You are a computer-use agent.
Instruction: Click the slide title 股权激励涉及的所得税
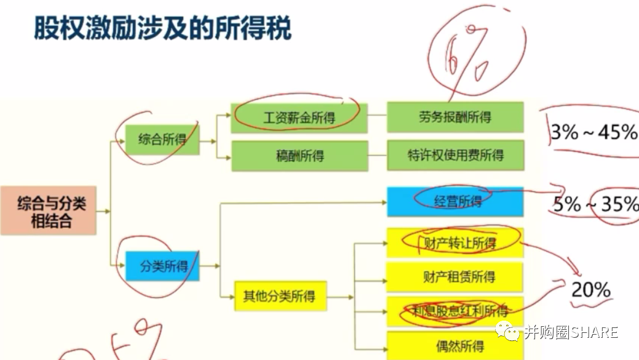tap(162, 28)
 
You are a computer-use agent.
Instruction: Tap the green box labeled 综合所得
tap(162, 140)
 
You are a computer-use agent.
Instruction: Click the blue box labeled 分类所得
tap(163, 266)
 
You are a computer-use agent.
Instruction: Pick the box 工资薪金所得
tap(299, 118)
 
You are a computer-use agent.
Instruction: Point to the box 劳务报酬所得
tap(454, 117)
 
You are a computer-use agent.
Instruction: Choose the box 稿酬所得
tap(299, 156)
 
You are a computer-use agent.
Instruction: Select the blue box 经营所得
tap(454, 202)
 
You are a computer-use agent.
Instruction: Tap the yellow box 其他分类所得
tap(279, 297)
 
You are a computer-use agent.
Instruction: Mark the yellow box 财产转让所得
tap(454, 243)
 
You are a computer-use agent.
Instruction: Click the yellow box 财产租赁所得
tap(454, 277)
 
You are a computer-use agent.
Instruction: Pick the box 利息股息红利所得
tap(454, 311)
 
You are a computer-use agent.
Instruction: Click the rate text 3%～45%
tap(593, 132)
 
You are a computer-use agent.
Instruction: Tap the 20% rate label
tap(590, 289)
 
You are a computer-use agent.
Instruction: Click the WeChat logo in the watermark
tap(510, 332)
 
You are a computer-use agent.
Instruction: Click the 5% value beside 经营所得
tap(567, 204)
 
